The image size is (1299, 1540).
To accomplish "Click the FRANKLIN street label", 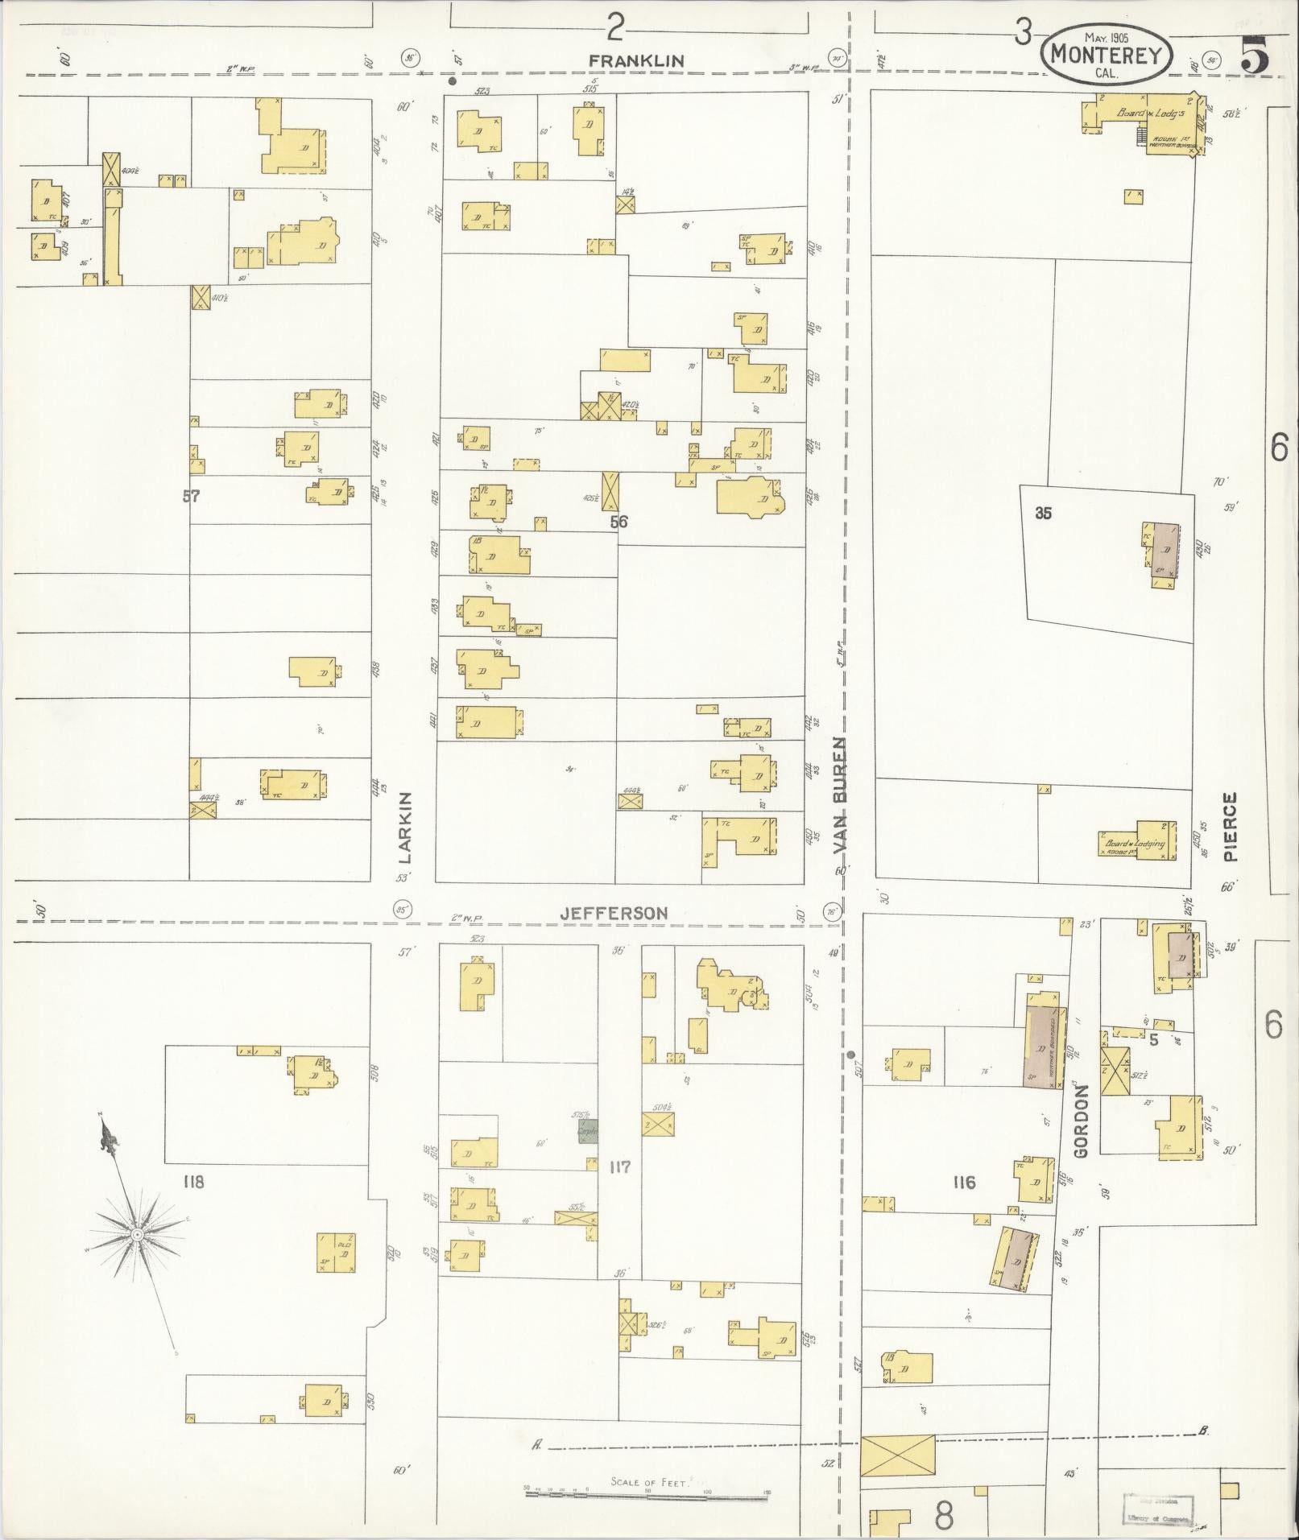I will coord(635,60).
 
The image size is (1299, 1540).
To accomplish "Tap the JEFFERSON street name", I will coord(614,913).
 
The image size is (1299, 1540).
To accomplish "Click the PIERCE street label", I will coord(1229,827).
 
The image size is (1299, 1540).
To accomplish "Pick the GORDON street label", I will coord(1081,1121).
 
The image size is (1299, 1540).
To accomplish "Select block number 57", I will coord(190,497).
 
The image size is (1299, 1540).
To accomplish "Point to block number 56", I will coord(618,522).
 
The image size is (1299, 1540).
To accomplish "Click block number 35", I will coord(1043,514).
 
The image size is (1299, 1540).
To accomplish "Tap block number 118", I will coord(193,1182).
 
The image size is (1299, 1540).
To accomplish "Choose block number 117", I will coord(619,1166).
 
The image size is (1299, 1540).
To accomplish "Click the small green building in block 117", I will coord(588,1131).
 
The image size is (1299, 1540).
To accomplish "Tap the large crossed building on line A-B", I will coord(898,1455).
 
